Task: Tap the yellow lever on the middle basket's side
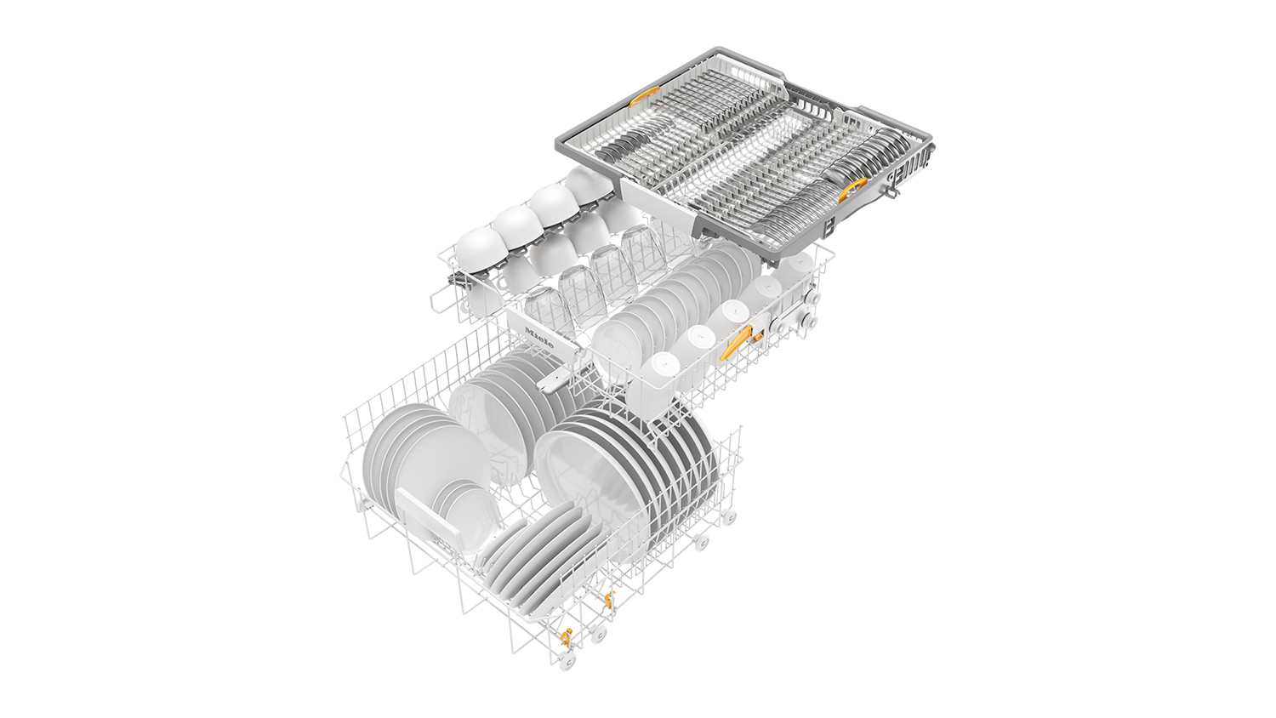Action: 736,344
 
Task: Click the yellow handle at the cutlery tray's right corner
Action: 852,189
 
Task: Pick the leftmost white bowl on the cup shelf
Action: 478,246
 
